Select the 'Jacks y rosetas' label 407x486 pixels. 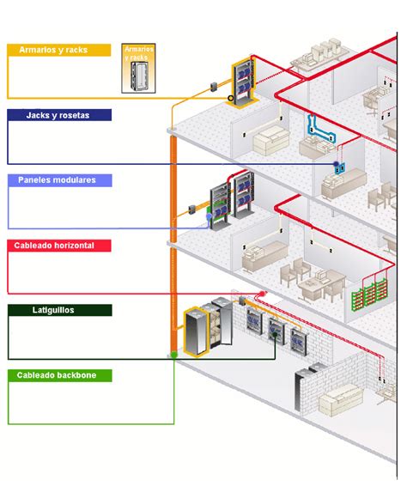[58, 114]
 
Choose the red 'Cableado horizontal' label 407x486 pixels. [58, 246]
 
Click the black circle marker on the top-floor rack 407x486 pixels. [230, 99]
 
